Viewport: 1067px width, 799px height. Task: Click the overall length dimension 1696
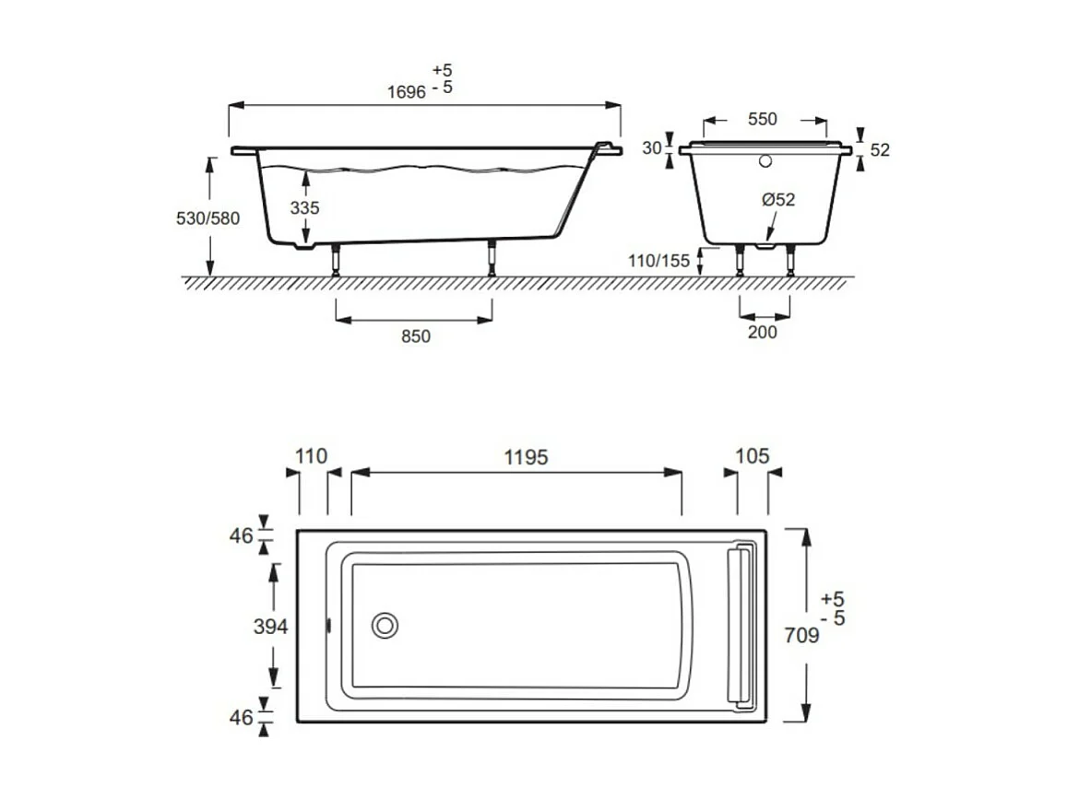406,92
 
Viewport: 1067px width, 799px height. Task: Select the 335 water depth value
304,208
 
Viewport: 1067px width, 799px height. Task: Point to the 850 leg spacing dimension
415,336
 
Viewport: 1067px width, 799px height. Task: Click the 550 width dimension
762,119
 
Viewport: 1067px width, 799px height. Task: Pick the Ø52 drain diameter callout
778,199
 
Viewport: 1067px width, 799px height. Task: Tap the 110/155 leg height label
658,261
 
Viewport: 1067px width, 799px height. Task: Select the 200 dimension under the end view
762,332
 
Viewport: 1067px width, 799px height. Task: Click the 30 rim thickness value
652,148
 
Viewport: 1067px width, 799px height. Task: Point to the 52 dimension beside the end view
880,149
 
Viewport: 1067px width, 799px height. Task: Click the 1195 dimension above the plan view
525,457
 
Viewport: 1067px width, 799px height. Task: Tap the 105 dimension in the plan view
752,456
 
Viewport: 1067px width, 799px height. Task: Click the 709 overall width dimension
800,636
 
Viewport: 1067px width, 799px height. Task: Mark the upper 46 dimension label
241,535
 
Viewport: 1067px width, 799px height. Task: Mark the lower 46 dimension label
241,717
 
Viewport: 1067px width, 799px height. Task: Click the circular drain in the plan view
385,626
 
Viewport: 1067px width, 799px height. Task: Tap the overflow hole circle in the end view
764,162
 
